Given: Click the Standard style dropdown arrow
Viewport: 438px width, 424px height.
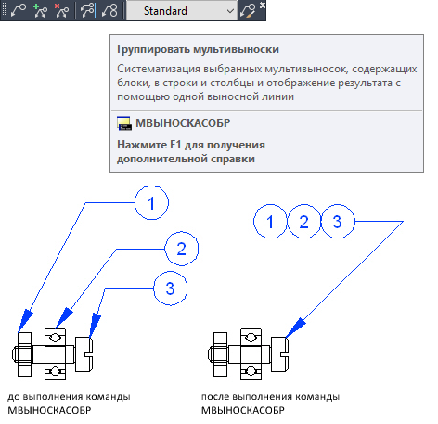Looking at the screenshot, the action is [x=230, y=11].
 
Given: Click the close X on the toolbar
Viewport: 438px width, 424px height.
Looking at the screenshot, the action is [x=263, y=5].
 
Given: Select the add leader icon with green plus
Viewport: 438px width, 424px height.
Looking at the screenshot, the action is [x=40, y=11].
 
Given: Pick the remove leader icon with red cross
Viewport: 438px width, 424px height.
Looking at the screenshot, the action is [x=61, y=11].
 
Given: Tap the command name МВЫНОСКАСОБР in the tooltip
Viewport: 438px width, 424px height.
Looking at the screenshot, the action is [x=183, y=123].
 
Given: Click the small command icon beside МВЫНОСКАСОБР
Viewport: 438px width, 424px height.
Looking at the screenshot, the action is [x=124, y=123].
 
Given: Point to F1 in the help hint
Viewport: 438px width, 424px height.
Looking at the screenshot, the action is [x=175, y=145].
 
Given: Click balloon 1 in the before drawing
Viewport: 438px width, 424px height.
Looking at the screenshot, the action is [x=151, y=203].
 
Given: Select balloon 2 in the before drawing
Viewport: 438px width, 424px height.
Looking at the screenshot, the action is [x=182, y=249].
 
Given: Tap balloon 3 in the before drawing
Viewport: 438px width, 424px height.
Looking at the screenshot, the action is [x=171, y=289].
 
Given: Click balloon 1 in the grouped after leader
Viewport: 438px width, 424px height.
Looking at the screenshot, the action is [x=270, y=222].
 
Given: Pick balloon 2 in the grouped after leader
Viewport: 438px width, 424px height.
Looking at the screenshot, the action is [x=304, y=222].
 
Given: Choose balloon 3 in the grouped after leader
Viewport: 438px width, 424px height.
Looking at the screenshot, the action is [x=338, y=222].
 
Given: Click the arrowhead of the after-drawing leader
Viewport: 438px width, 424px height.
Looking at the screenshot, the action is [x=295, y=328].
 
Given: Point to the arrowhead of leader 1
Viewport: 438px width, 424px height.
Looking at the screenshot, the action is [x=25, y=321].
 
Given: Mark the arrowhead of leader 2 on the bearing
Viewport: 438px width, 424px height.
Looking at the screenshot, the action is [x=64, y=318].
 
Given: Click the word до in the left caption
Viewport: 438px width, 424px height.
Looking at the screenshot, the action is [x=14, y=397].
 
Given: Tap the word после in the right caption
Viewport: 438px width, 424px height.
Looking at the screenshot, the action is [x=215, y=397].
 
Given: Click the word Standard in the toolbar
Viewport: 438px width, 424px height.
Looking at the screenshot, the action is [x=165, y=11].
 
